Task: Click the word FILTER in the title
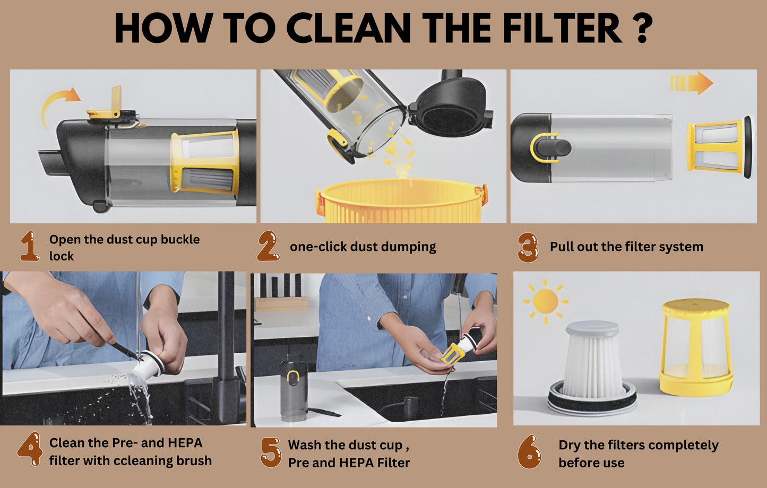562,28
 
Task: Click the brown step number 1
30,246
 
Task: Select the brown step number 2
268,246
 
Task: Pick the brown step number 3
528,247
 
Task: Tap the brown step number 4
30,449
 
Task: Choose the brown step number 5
271,452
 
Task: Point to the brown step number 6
529,452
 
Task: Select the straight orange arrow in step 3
692,83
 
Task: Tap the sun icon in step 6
546,301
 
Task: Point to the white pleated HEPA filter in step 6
592,368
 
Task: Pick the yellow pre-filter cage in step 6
695,347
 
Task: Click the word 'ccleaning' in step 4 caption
143,460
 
